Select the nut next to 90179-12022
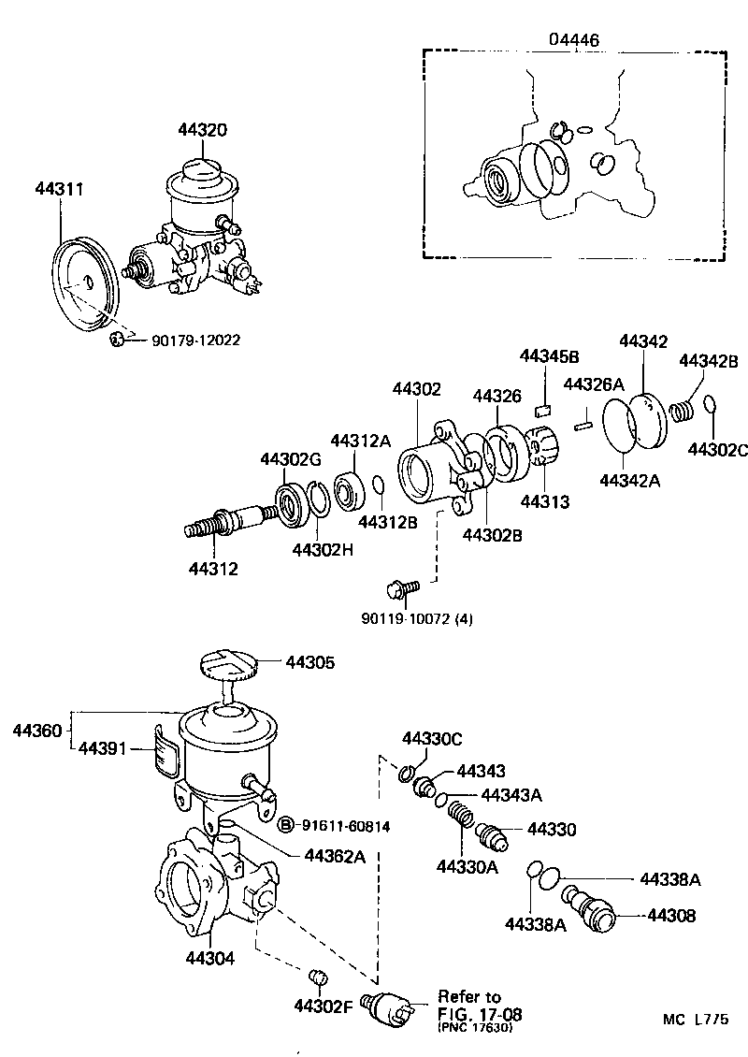coord(118,339)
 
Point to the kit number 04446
coord(572,39)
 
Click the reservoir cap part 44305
coord(229,665)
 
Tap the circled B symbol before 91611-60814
coord(287,824)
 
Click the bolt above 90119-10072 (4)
coord(401,589)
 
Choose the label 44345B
coord(549,356)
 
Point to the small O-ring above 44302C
coord(709,403)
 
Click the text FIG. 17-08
coord(479,1013)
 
